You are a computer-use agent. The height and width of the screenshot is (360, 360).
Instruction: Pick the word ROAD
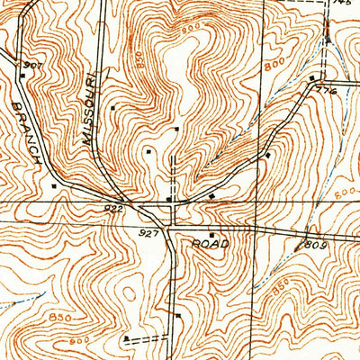pos(211,244)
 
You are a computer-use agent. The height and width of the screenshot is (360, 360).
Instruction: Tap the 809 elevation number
pos(314,244)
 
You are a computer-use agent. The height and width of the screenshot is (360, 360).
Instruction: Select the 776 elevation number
pos(325,91)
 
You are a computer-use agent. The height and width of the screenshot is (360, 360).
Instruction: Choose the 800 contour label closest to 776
pos(276,66)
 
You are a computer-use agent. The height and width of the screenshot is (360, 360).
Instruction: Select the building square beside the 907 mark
pos(22,77)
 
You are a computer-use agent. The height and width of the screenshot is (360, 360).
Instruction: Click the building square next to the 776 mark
pos(311,79)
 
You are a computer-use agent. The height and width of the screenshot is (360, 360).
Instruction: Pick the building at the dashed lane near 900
pos(127,339)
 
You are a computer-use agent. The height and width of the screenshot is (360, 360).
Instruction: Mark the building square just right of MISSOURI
pos(112,109)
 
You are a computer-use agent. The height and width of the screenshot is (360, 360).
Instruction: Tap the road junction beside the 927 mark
pos(171,226)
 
